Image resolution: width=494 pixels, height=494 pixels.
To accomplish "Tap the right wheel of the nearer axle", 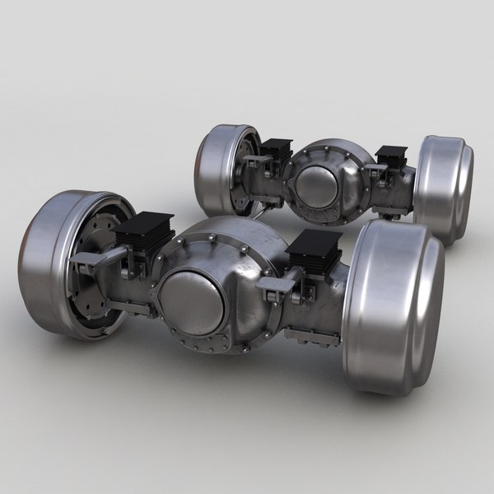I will (x=394, y=305).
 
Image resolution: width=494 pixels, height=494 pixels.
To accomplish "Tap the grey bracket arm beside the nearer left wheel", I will (x=91, y=263).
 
